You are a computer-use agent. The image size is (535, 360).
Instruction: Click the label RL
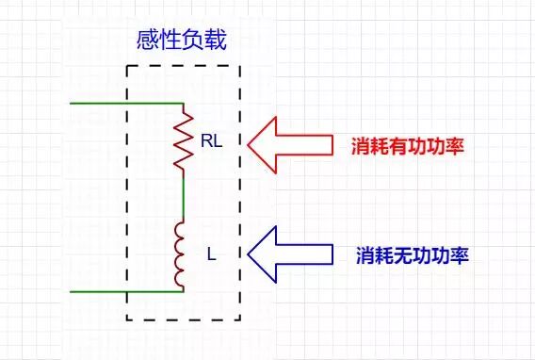[211, 141]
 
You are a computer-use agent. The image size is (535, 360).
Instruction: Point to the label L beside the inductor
[211, 254]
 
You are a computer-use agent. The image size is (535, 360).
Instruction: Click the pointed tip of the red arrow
[249, 145]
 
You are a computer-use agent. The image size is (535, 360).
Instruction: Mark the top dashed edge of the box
[183, 66]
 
